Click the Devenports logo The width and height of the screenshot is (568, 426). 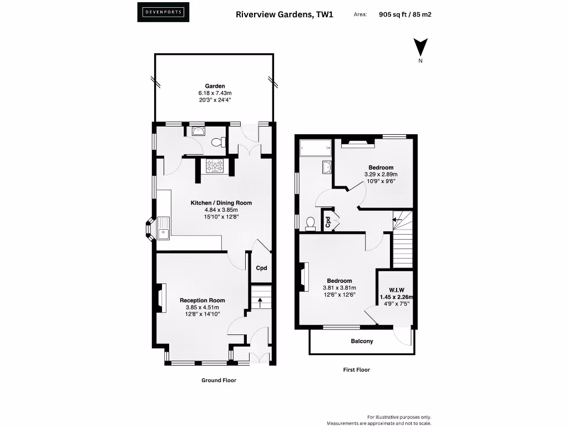pos(163,12)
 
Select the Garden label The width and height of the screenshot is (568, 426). pos(215,86)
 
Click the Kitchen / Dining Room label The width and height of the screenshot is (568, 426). pos(221,203)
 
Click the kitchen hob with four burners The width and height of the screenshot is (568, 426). pos(215,166)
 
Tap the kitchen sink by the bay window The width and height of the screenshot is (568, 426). pos(163,234)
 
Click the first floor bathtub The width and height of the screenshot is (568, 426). pos(315,148)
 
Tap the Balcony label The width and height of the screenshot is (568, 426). pos(362,341)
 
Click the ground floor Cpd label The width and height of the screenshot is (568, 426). pos(261,268)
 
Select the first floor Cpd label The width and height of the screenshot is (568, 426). pos(328,222)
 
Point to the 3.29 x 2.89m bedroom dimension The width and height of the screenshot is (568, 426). pos(381,174)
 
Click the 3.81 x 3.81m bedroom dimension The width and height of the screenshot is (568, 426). pos(339,288)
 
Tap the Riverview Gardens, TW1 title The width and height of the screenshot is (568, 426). pos(285,15)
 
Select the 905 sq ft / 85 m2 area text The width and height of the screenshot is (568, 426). pos(405,15)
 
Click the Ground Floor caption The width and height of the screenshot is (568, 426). pos(219,381)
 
